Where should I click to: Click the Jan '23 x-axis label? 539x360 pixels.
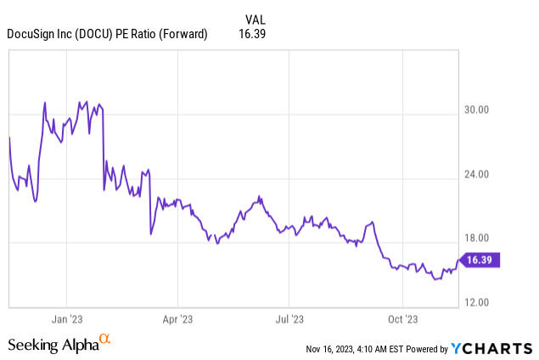(x=66, y=320)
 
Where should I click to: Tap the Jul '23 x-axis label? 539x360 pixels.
(x=289, y=320)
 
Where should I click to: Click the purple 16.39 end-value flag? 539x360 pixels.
(x=480, y=260)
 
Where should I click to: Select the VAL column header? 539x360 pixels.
(x=255, y=19)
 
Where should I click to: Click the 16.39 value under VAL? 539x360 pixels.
(x=255, y=34)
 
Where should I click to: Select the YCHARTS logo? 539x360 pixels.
(x=492, y=348)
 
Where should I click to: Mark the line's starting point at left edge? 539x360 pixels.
(x=9, y=137)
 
